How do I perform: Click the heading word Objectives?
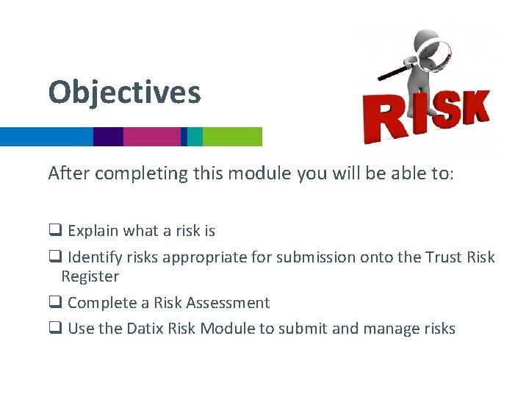coord(124,93)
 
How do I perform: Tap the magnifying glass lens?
coord(435,55)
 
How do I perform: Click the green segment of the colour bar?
coord(232,137)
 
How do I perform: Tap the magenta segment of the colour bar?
coord(151,137)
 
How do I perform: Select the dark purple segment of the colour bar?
coord(108,137)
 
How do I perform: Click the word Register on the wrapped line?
coord(90,276)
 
